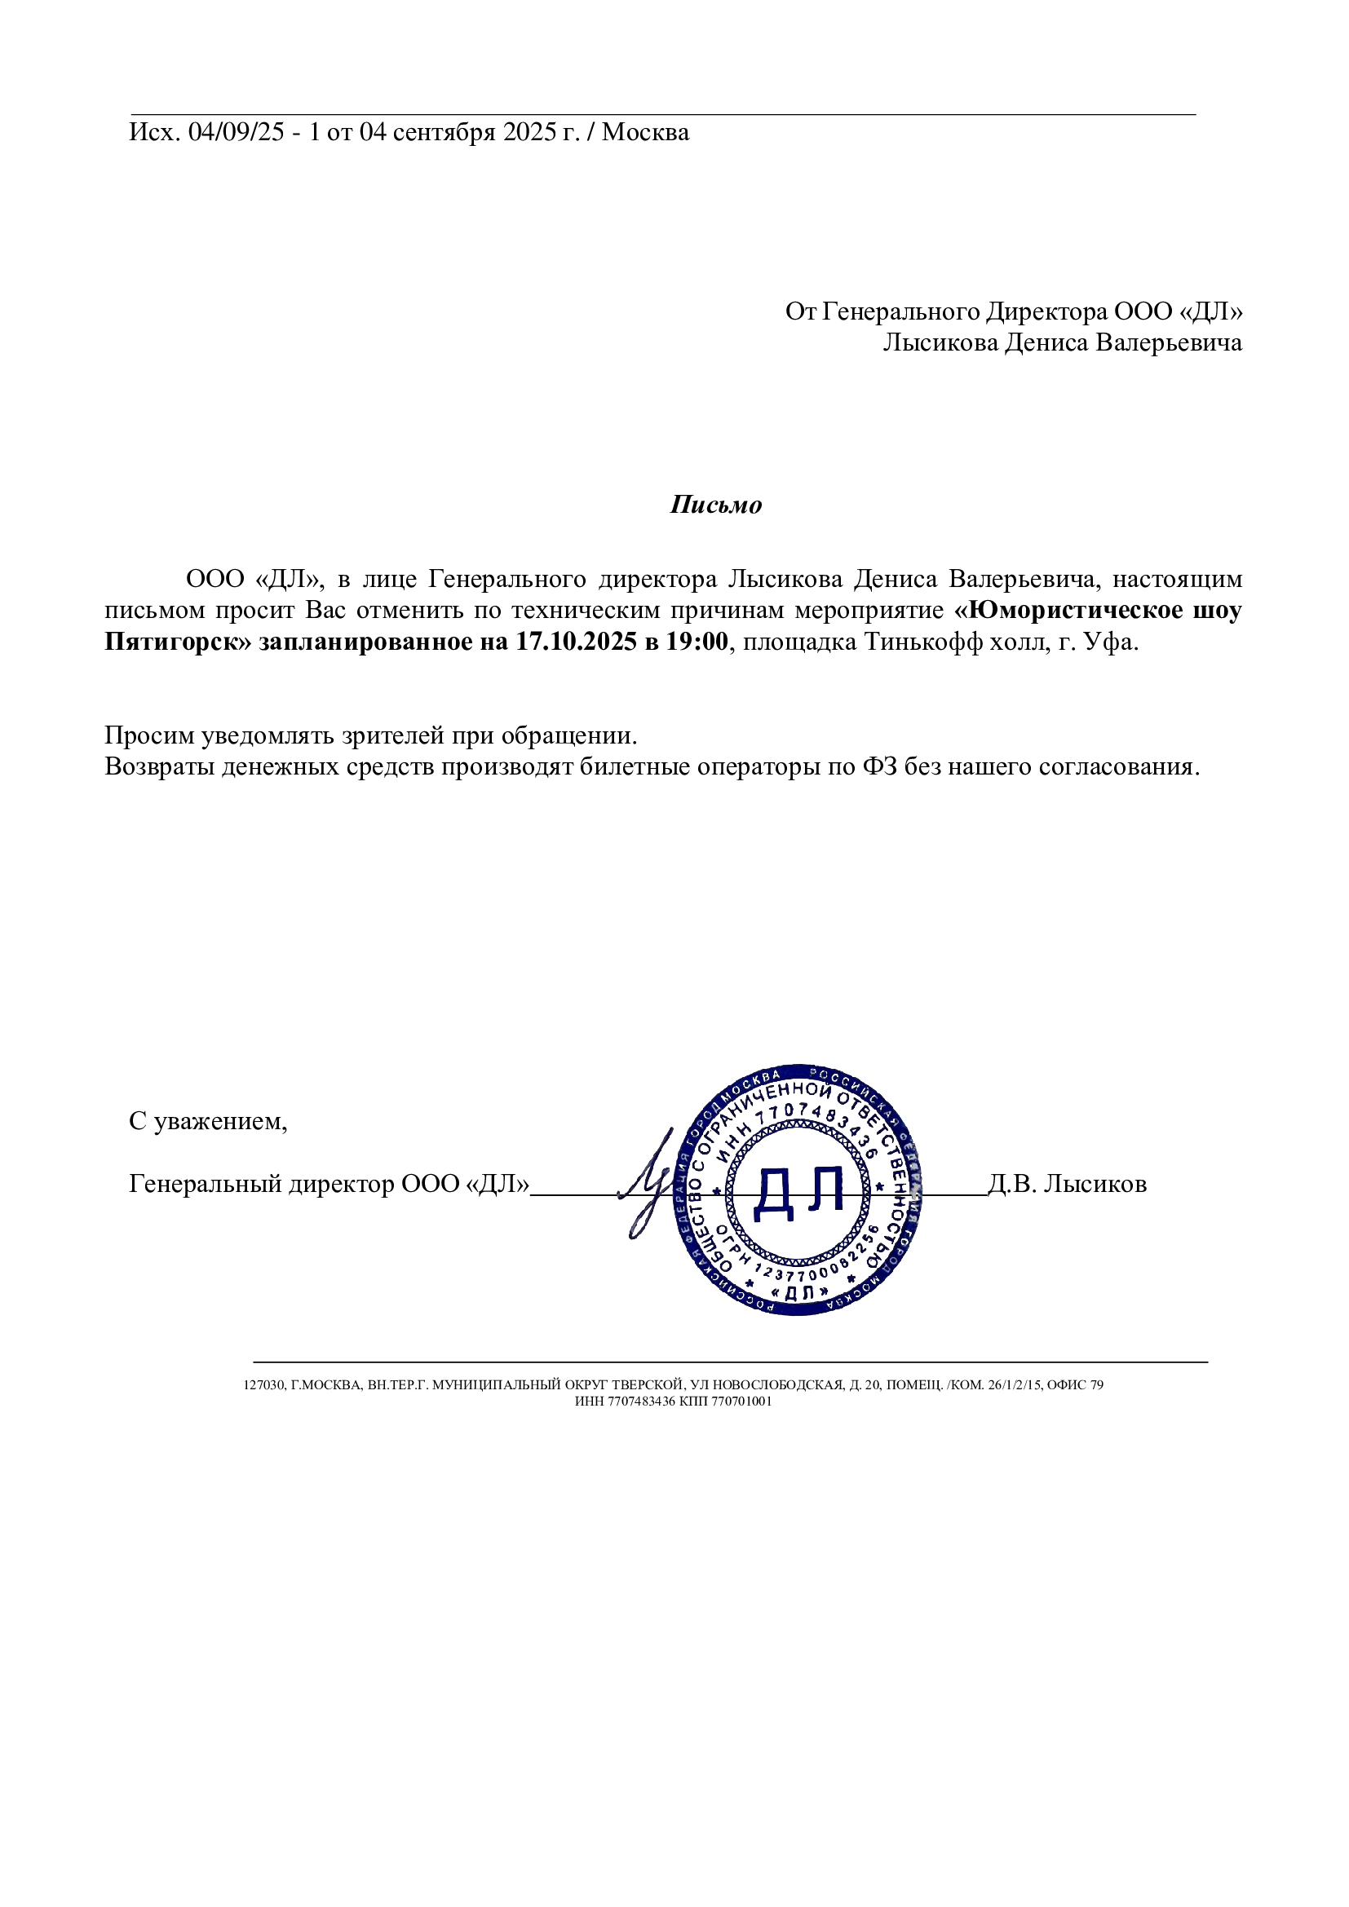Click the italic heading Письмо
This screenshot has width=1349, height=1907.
pyautogui.click(x=715, y=505)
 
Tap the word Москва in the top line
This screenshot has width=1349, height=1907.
pyautogui.click(x=645, y=132)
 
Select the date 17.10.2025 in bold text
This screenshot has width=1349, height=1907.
pyautogui.click(x=577, y=642)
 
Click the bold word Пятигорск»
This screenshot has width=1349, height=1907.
pyautogui.click(x=178, y=642)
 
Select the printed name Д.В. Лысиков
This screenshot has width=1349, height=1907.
pyautogui.click(x=1068, y=1184)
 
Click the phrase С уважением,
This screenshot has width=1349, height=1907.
pyautogui.click(x=208, y=1121)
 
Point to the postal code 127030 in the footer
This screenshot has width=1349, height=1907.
pyautogui.click(x=263, y=1385)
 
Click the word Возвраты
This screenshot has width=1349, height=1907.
pyautogui.click(x=160, y=766)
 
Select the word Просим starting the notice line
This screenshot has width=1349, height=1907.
pyautogui.click(x=149, y=735)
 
